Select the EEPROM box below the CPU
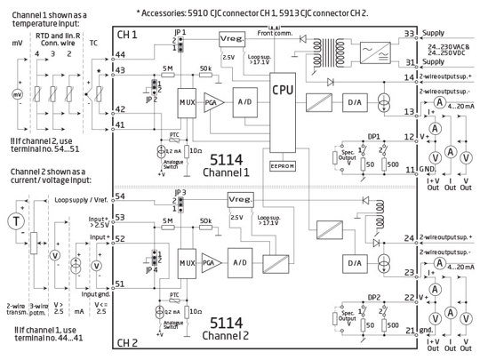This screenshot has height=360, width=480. pyautogui.click(x=284, y=166)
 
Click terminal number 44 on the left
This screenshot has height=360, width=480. pyautogui.click(x=119, y=54)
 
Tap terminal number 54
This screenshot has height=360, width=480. pyautogui.click(x=119, y=196)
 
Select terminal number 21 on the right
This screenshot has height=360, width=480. pyautogui.click(x=411, y=330)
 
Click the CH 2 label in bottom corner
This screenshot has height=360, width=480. pyautogui.click(x=130, y=340)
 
